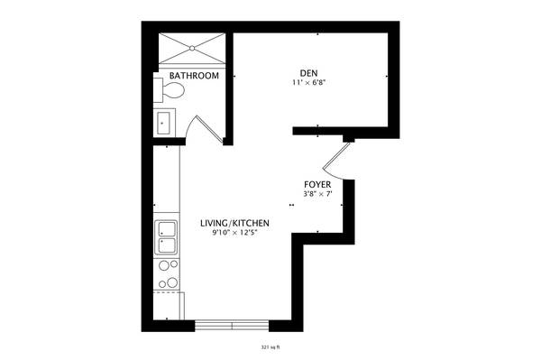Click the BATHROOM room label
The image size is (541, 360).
tap(194, 76)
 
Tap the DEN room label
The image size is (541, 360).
tap(308, 73)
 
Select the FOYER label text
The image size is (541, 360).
tap(317, 185)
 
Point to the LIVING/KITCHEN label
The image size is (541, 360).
tap(234, 223)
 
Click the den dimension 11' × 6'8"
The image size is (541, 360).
tap(309, 83)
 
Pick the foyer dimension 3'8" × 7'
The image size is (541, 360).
tap(317, 194)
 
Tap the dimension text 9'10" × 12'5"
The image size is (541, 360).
tap(234, 233)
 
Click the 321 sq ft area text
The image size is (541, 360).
tap(270, 346)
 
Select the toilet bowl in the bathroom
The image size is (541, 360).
tap(173, 90)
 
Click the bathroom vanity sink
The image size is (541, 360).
tap(163, 123)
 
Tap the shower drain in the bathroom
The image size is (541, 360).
tap(192, 49)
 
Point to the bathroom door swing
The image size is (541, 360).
tap(205, 129)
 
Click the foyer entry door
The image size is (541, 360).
tap(336, 161)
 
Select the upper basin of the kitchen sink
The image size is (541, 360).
tap(167, 229)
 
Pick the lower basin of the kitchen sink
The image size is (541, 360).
tap(167, 245)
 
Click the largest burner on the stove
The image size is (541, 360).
tap(172, 283)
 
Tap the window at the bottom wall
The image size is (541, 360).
tap(232, 326)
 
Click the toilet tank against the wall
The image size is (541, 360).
tap(158, 90)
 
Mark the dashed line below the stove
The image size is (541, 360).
tap(168, 292)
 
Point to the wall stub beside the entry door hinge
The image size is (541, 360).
tap(349, 139)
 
